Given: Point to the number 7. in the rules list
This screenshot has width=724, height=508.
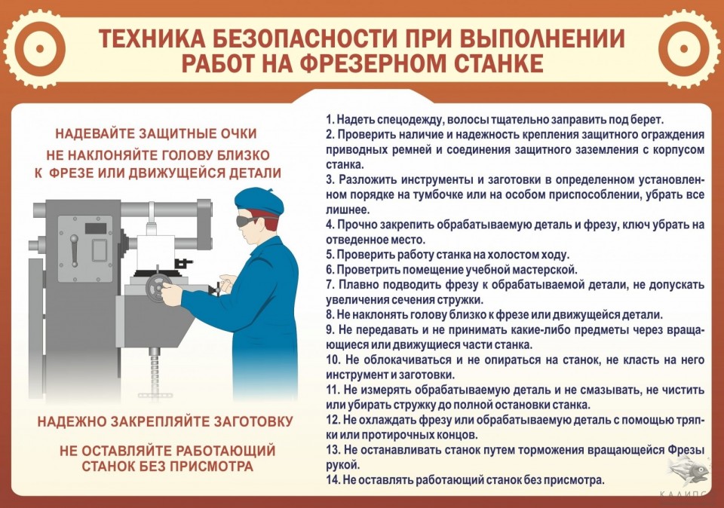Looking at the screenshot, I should pos(330,285).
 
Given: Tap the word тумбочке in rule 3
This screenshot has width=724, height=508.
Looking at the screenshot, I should pos(482,195).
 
